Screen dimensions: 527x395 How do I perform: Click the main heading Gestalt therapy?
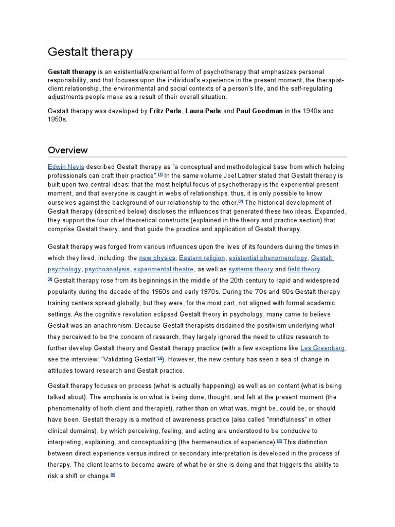(x=90, y=51)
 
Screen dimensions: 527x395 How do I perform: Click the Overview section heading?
(x=67, y=150)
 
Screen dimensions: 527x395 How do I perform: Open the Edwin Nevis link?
(x=66, y=167)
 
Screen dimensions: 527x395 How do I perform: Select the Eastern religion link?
(x=202, y=258)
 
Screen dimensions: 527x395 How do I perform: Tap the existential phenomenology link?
(x=268, y=258)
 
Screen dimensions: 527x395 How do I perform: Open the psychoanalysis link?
(x=108, y=269)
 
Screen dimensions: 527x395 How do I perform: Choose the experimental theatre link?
(x=164, y=269)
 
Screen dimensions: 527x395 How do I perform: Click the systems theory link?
(x=250, y=269)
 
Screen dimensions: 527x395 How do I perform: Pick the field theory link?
(x=303, y=269)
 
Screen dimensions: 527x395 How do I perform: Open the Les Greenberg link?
(x=322, y=348)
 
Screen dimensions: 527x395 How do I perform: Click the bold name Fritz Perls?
(x=165, y=111)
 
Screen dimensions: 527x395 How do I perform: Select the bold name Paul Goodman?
(x=259, y=111)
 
